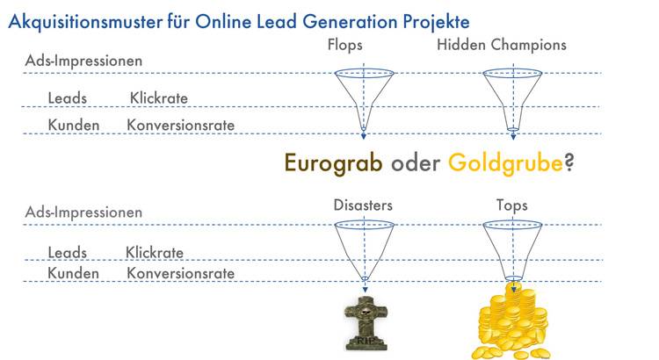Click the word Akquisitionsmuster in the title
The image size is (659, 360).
tap(85, 21)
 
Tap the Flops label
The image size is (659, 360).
tap(344, 45)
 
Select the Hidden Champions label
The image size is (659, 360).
tap(502, 45)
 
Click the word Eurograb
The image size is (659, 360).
tap(333, 162)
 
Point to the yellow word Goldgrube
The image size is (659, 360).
tap(505, 163)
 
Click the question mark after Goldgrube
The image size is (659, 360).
tap(569, 162)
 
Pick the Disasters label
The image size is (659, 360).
tap(363, 205)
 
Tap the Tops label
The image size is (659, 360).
tap(512, 205)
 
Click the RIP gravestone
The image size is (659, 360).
tap(366, 323)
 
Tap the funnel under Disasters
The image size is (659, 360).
tap(364, 250)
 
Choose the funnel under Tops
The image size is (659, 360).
tap(512, 250)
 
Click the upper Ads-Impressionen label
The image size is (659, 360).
tap(83, 61)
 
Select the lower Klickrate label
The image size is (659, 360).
tap(155, 253)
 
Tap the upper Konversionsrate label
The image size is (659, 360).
tap(180, 125)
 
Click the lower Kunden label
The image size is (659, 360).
tap(73, 273)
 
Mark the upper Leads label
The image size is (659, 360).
tap(68, 98)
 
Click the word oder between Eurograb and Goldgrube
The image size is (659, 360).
tap(416, 163)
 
